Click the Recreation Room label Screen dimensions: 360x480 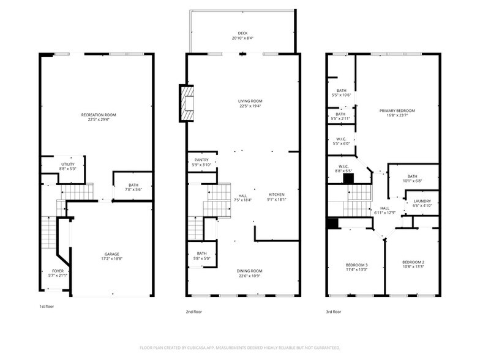click(98, 117)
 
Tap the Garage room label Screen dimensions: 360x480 click(111, 256)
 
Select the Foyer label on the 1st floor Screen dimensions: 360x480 click(57, 272)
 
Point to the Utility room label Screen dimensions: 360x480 click(67, 167)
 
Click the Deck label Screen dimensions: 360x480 click(243, 36)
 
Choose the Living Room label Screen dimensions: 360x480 click(250, 103)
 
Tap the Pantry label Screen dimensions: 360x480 click(201, 162)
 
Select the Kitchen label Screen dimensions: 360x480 click(277, 197)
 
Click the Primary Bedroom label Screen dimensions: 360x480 click(397, 113)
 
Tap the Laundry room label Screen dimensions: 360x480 click(422, 203)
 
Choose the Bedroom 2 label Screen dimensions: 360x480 click(413, 264)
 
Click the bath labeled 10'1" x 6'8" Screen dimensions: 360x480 click(412, 178)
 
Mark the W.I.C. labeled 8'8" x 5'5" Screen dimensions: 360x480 click(344, 168)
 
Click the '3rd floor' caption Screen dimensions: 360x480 click(333, 311)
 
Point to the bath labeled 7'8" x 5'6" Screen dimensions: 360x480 click(133, 187)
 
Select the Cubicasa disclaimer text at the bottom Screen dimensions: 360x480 click(239, 348)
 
